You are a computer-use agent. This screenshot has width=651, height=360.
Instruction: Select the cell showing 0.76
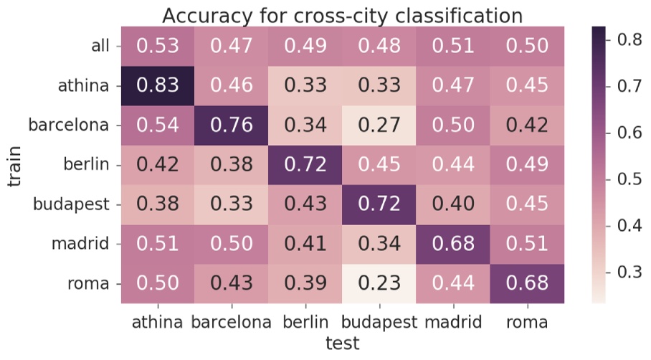click(x=232, y=125)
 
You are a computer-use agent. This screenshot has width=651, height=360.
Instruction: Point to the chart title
click(x=342, y=14)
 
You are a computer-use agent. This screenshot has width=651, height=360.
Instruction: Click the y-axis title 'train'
click(x=16, y=165)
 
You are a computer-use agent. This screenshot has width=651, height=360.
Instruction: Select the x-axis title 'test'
click(x=342, y=344)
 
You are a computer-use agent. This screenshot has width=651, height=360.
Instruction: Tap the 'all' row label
click(x=100, y=46)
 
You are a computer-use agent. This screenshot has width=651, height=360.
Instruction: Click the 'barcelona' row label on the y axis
click(x=69, y=125)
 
